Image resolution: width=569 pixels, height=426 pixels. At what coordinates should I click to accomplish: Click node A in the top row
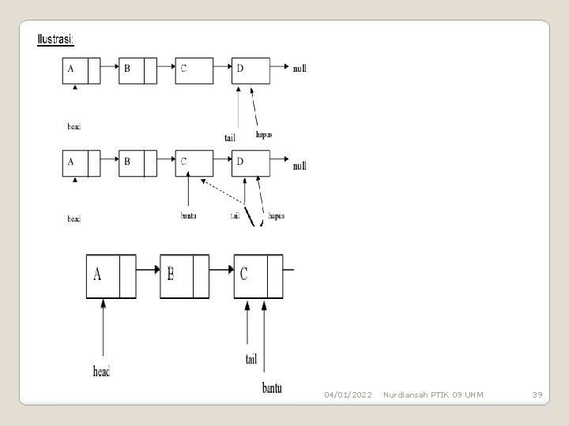tap(81, 71)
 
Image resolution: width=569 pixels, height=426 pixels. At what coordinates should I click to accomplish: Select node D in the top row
tap(251, 70)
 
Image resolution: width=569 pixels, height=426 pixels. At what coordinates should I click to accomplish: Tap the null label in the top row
tap(300, 69)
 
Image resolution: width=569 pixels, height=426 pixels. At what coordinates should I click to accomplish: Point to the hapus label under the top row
tap(265, 134)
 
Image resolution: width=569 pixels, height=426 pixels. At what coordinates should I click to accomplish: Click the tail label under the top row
tap(230, 137)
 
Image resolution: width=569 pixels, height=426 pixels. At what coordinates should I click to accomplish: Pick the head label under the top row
tap(73, 125)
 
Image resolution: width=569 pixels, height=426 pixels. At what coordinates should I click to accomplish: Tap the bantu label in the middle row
tap(188, 215)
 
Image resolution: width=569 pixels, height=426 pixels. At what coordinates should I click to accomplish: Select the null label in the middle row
tap(300, 166)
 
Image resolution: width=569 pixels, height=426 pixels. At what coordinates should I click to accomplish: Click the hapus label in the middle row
tap(276, 215)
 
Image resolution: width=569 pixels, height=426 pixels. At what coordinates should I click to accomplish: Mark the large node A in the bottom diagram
tap(111, 276)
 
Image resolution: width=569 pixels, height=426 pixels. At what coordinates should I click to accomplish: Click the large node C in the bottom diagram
tap(258, 276)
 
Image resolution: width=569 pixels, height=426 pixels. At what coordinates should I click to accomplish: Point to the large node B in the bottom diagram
tap(184, 276)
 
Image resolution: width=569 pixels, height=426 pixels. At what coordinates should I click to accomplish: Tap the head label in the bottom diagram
tap(102, 370)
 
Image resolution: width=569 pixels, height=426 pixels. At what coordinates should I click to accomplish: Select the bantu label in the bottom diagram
tap(272, 387)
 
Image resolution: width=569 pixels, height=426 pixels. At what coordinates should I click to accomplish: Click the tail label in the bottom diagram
tap(251, 359)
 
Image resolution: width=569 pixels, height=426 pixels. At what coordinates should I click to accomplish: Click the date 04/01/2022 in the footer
tap(348, 394)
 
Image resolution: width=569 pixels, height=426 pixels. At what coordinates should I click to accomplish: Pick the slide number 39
tap(537, 394)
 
